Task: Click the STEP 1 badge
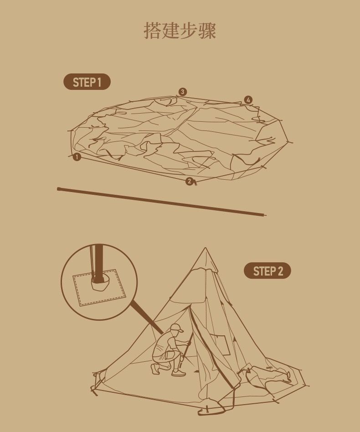[87, 82]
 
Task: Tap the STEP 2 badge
[267, 271]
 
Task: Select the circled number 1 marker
[77, 157]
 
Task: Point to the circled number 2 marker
[190, 181]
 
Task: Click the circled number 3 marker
[182, 92]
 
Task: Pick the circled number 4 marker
[248, 100]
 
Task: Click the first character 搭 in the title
[153, 30]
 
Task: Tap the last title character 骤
[207, 30]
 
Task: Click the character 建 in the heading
[170, 30]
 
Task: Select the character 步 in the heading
[189, 30]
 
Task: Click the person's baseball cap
[176, 328]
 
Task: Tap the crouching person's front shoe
[178, 373]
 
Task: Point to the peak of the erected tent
[205, 248]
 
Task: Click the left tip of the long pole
[58, 189]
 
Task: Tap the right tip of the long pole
[265, 215]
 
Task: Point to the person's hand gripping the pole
[189, 343]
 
